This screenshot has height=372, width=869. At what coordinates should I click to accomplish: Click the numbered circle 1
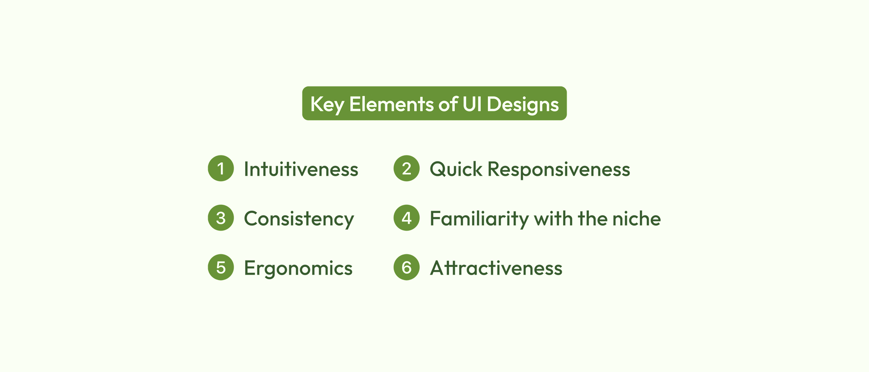[x=221, y=169]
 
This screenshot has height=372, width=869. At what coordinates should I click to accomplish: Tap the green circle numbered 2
[x=406, y=169]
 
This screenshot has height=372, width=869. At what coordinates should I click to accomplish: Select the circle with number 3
[x=221, y=218]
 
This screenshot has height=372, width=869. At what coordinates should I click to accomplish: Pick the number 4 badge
[x=406, y=218]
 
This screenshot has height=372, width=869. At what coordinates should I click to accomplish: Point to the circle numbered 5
[x=221, y=267]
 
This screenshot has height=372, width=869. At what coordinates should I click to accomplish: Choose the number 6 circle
[x=406, y=267]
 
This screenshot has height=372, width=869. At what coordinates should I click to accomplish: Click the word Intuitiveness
[x=301, y=169]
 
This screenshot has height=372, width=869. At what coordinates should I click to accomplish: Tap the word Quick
[x=456, y=169]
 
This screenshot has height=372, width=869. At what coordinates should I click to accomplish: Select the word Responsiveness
[x=559, y=170]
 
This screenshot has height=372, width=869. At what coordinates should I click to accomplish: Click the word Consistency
[x=299, y=219]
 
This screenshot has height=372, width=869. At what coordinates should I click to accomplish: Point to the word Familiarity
[x=479, y=219]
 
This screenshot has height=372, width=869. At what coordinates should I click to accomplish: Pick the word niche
[x=636, y=218]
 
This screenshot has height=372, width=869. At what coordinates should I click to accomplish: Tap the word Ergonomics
[x=298, y=269]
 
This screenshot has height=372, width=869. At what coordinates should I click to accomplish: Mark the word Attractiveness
[x=496, y=268]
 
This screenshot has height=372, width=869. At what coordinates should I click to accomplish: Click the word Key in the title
[x=327, y=105]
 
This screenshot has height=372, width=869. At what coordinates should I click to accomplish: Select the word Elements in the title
[x=392, y=104]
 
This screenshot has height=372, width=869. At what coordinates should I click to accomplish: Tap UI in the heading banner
[x=472, y=104]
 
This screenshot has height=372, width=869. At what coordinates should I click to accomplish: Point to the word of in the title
[x=448, y=104]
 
